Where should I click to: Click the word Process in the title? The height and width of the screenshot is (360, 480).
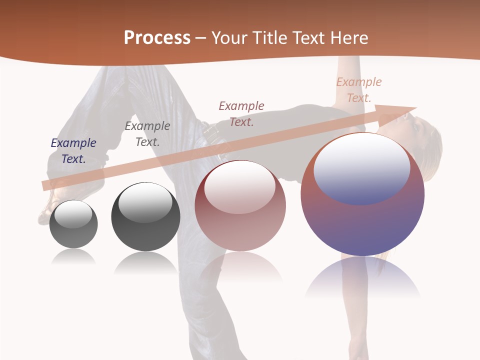coord(157,37)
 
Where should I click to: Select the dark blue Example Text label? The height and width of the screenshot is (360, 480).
coord(73,150)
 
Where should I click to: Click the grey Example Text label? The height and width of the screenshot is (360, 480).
coord(147,133)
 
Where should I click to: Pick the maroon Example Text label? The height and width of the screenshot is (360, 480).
coord(241,113)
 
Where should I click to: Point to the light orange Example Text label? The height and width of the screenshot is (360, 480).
coord(358,89)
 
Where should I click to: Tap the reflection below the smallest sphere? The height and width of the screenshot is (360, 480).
coord(73,257)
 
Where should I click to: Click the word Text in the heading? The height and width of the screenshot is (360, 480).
coord(311,37)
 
